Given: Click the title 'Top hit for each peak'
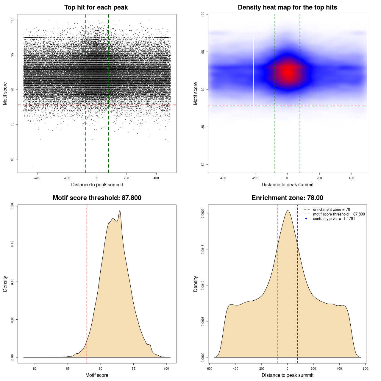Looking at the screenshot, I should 96,7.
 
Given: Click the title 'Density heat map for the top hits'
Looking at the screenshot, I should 287,7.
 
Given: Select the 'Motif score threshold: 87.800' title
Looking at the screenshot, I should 97,198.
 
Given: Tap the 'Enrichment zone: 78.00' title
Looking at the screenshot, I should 287,198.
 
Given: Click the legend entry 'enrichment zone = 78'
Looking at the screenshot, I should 331,210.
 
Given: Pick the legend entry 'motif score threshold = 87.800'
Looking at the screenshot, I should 339,214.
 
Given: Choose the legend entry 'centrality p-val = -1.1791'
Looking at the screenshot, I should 334,219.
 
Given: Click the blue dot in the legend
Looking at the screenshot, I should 306,219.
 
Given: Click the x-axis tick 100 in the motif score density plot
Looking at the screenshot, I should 166,368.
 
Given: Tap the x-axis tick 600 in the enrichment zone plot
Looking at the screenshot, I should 365,368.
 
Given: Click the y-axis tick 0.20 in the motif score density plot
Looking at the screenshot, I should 13,206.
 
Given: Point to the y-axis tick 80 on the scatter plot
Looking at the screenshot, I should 13,159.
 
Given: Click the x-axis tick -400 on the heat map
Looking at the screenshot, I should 223,178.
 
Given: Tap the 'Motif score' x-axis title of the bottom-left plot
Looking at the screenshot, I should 97,375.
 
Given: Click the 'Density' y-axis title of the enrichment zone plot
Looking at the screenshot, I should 196,284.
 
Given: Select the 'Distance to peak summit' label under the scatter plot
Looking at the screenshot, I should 97,185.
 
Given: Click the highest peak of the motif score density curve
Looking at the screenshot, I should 120,211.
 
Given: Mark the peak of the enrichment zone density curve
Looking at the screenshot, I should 288,211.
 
